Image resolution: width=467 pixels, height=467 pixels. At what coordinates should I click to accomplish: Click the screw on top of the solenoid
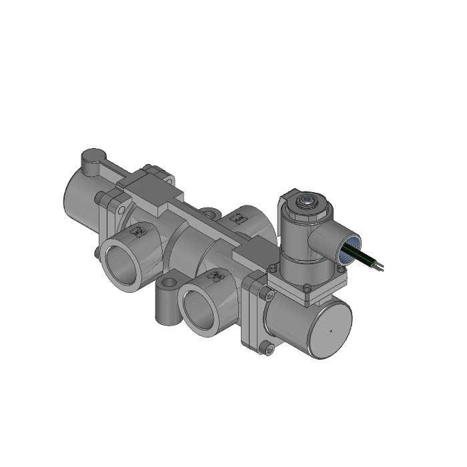[308, 199]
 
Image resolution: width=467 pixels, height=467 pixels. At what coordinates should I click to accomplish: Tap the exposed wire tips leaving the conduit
[380, 268]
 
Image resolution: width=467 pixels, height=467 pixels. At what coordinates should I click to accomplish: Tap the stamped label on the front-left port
[139, 231]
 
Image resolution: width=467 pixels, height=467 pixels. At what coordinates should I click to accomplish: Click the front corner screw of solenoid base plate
[306, 288]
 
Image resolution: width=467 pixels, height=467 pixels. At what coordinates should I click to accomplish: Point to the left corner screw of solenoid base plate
[272, 268]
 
